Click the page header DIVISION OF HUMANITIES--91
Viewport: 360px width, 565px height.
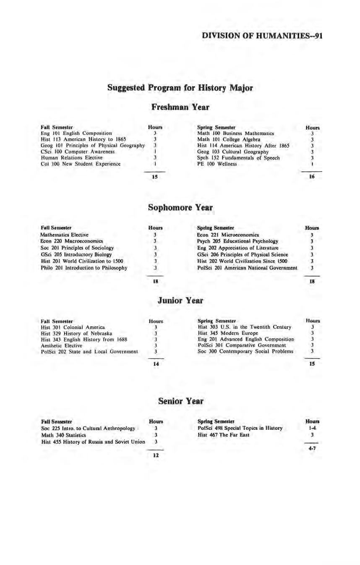[x=262, y=36]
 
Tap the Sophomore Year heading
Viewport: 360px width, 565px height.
[x=180, y=208]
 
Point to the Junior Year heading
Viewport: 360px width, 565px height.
[x=180, y=301]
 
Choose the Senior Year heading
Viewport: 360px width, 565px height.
[x=180, y=401]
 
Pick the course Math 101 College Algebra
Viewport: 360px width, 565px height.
[x=229, y=139]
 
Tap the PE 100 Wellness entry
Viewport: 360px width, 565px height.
[x=217, y=164]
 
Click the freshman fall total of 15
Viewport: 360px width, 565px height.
[x=155, y=177]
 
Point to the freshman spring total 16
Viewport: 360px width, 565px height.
[x=312, y=177]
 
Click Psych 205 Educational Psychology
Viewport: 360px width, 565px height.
[x=237, y=241]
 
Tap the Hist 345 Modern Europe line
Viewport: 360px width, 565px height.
[x=228, y=333]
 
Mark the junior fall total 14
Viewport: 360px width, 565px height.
[x=155, y=364]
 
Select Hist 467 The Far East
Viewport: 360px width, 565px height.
[x=223, y=435]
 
